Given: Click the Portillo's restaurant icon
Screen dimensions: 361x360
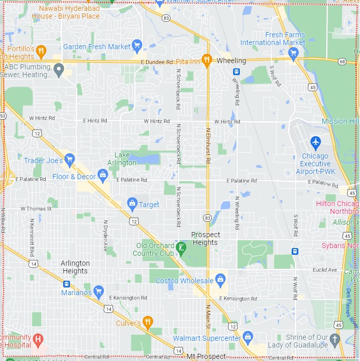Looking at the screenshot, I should click(42, 51).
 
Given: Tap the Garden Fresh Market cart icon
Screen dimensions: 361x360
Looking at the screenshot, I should click(137, 46).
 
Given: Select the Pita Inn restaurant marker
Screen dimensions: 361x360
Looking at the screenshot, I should click(207, 61).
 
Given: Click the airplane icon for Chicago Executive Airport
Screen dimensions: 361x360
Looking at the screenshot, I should click(315, 141).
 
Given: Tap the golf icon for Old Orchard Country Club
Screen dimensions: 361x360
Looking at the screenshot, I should click(181, 248).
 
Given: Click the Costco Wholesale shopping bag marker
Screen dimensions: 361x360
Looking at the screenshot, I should click(220, 280).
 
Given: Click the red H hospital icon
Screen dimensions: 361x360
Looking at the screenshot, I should click(38, 340).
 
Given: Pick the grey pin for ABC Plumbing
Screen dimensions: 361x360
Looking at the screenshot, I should click(59, 68).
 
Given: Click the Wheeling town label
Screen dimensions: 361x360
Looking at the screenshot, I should click(231, 61).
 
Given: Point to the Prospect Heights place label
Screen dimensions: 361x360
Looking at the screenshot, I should click(206, 238).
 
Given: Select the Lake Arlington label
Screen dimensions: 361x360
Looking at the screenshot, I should click(125, 159).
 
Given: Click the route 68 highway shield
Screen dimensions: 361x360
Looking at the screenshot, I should click(341, 62).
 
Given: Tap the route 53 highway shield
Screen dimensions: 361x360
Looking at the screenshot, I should click(3, 116).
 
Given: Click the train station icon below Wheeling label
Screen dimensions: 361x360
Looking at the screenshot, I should click(236, 72).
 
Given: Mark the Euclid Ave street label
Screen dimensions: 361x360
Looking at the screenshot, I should click(325, 270).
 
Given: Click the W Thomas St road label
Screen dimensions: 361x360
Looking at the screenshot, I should click(36, 209).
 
